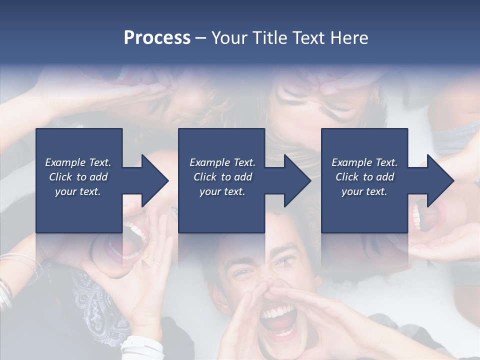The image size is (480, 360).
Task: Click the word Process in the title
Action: [157, 38]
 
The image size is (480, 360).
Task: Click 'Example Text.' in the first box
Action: [78, 162]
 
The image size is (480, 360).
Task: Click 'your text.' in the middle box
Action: [222, 191]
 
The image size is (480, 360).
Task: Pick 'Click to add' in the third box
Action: [364, 177]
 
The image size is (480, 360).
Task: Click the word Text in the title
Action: [309, 38]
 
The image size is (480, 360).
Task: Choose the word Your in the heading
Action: [228, 38]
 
